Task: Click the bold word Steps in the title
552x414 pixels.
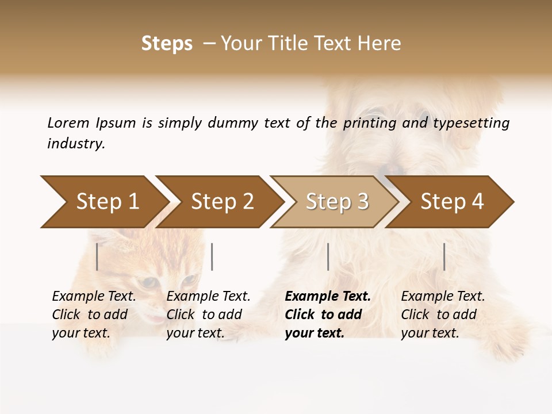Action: [x=167, y=44]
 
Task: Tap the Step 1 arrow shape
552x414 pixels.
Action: [x=103, y=202]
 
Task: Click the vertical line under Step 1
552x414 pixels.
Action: [x=97, y=256]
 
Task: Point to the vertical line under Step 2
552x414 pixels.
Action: [x=212, y=256]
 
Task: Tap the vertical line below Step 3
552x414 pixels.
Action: [x=328, y=256]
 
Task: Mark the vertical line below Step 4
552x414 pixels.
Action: [x=444, y=256]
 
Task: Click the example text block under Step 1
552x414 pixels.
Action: [x=94, y=315]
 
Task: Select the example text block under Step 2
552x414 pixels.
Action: [x=208, y=315]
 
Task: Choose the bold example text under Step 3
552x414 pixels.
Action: [x=327, y=315]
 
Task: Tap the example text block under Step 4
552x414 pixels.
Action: [x=443, y=315]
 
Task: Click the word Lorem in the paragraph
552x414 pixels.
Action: [x=68, y=122]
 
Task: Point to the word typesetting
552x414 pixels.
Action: [x=471, y=124]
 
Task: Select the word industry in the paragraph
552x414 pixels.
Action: [x=75, y=144]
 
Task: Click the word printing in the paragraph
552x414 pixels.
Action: [x=362, y=124]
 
